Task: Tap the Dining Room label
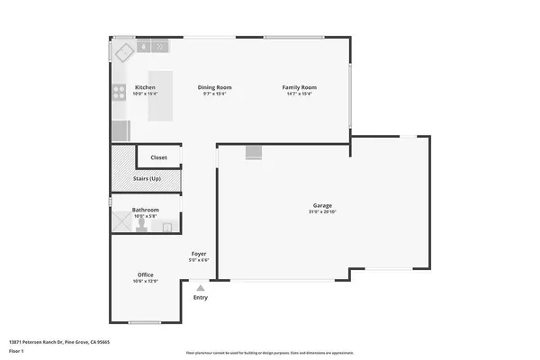click(x=211, y=87)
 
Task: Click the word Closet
click(x=158, y=157)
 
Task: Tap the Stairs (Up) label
click(x=147, y=179)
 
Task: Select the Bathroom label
click(x=146, y=210)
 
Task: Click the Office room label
click(x=146, y=275)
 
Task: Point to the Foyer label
click(x=199, y=255)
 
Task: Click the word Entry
click(x=200, y=298)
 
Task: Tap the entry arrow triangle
click(x=200, y=289)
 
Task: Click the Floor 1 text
click(x=17, y=348)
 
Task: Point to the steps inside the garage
click(x=254, y=153)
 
